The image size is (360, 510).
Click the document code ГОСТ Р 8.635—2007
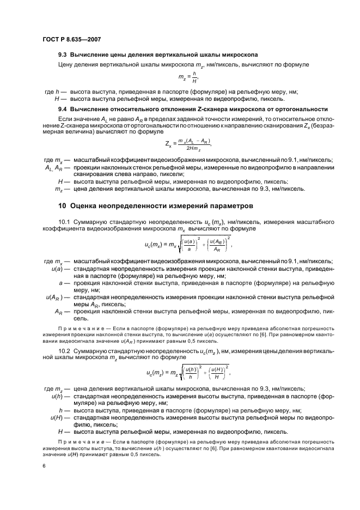pyautogui.click(x=71, y=39)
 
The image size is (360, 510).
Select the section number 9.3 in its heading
pyautogui.click(x=63, y=56)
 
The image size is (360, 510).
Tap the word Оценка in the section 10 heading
pyautogui.click(x=88, y=207)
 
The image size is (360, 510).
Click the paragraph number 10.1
pyautogui.click(x=65, y=223)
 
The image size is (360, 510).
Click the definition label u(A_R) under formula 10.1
pyautogui.click(x=53, y=297)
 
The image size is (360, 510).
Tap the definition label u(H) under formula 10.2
pyautogui.click(x=54, y=417)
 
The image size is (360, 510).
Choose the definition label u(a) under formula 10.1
pyautogui.click(x=56, y=269)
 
